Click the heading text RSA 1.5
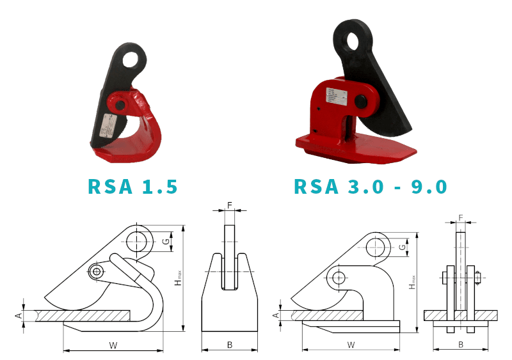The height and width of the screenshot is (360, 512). (132, 186)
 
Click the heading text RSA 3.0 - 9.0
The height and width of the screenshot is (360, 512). (370, 186)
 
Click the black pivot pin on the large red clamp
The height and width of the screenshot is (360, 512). (361, 100)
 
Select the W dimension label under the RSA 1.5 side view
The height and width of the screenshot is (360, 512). (113, 345)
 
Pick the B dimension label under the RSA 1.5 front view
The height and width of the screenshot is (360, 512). (230, 345)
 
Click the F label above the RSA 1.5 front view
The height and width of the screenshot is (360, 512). (230, 205)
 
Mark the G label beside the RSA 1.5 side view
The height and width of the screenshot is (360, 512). (166, 242)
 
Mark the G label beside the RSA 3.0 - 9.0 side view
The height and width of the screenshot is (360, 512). (402, 247)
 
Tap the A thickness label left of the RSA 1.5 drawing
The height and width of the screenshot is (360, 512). (19, 315)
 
